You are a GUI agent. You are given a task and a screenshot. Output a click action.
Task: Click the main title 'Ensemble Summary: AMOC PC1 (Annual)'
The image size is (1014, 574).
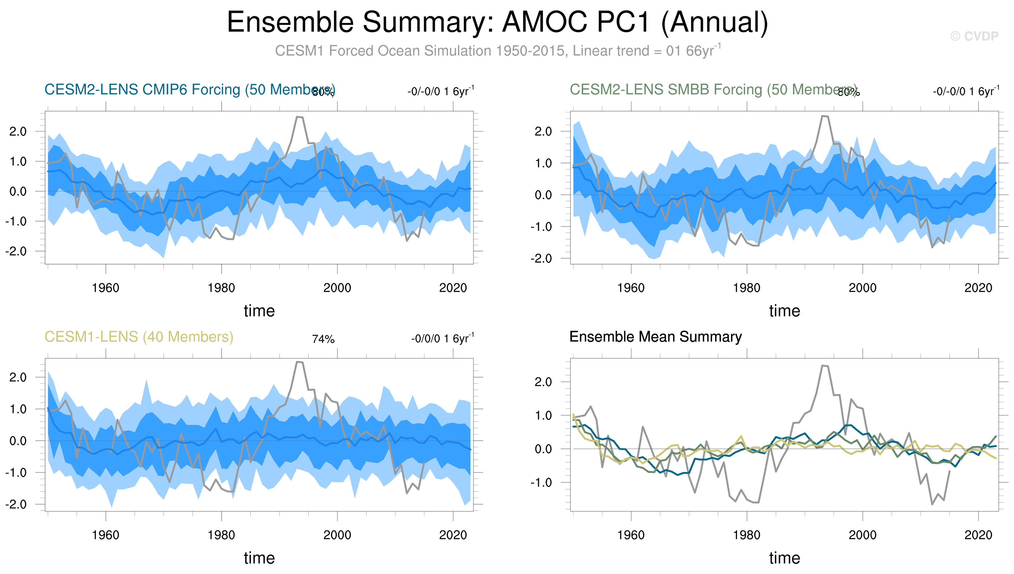point(497,22)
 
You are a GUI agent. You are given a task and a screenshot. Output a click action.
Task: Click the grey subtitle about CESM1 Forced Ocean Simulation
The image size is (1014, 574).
point(497,51)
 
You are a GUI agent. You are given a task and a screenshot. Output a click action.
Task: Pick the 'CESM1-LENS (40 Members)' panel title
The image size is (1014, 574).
point(139,337)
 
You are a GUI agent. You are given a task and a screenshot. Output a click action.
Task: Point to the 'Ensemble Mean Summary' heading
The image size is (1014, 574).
point(655,337)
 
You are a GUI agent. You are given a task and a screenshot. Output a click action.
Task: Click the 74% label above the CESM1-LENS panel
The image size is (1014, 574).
point(323,339)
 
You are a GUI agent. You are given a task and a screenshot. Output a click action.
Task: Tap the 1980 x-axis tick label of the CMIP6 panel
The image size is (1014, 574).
point(221,288)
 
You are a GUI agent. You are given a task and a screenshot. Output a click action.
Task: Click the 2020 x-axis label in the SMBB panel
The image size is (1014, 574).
point(978,288)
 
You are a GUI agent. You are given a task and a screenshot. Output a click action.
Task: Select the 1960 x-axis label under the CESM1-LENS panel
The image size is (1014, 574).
point(105,535)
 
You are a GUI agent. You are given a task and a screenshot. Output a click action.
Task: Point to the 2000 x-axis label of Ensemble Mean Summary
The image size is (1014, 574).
point(862,535)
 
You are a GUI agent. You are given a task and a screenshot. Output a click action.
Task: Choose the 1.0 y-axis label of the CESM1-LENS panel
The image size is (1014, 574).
point(18,409)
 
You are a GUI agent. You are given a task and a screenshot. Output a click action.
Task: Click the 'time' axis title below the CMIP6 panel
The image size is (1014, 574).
point(259,311)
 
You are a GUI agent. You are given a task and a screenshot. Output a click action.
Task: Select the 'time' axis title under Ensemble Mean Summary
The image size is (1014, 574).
point(784,558)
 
